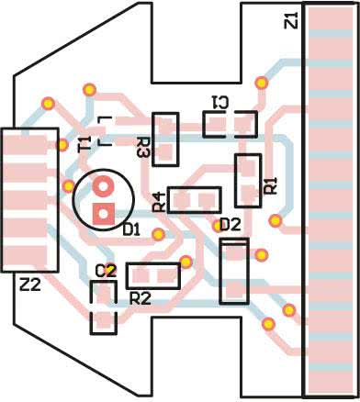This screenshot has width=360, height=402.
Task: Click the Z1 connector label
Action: [x=291, y=20]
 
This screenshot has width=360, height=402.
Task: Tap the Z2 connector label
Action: [x=30, y=285]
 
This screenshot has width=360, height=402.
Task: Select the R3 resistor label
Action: [x=143, y=148]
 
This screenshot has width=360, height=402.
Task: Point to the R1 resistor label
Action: [x=271, y=185]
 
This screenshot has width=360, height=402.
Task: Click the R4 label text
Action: [x=159, y=203]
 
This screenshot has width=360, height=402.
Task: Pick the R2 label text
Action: [x=141, y=298]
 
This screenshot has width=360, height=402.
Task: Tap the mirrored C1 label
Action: [x=219, y=103]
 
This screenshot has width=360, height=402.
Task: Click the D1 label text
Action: [x=131, y=229]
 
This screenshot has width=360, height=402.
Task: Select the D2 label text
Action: [x=231, y=226]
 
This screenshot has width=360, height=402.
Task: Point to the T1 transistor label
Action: [x=84, y=144]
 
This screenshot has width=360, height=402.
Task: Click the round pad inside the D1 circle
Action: [x=104, y=186]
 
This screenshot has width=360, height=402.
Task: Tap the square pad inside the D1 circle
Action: [x=104, y=214]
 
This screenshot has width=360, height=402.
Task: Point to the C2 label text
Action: [x=106, y=271]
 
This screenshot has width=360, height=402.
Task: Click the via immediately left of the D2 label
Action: [x=217, y=226]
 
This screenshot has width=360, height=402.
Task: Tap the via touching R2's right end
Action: [x=186, y=262]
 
